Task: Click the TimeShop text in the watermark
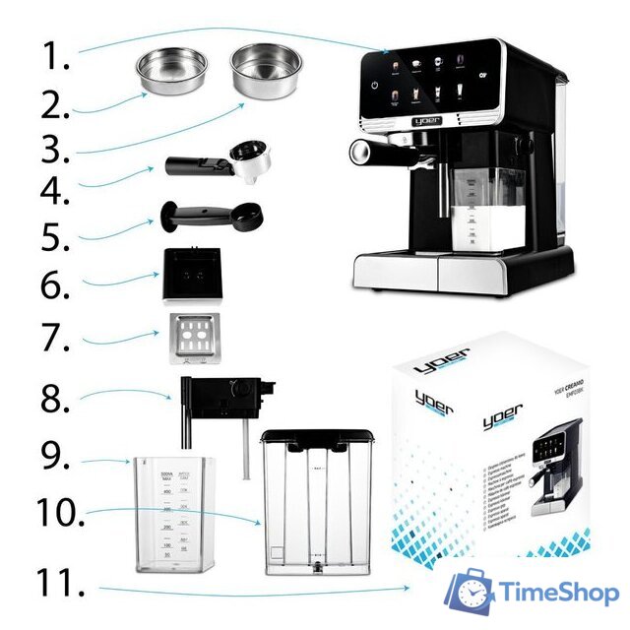coord(557,593)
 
